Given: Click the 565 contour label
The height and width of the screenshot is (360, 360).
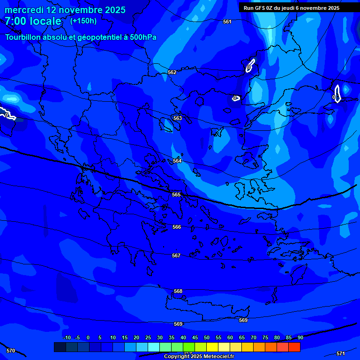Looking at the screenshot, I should (176, 195).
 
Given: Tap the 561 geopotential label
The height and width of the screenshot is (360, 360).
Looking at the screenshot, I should (227, 22).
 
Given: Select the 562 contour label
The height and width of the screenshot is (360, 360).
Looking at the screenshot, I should (172, 73).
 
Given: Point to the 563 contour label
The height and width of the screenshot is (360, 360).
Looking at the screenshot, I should (177, 119).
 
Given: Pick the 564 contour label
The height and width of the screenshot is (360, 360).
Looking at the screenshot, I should (177, 161).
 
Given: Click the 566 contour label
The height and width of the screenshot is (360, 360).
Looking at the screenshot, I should (177, 227).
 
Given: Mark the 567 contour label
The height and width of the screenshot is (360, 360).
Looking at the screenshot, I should (176, 256).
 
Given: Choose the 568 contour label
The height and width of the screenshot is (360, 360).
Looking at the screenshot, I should (178, 292).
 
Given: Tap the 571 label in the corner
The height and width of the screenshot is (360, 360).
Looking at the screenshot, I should (341, 353).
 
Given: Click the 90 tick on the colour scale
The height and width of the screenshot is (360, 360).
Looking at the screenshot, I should (300, 337).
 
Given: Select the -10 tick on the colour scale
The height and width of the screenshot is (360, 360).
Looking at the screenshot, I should (67, 337).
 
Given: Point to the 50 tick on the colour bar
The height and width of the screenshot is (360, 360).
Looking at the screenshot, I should (207, 337).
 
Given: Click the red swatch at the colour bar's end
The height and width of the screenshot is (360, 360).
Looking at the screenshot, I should (294, 347).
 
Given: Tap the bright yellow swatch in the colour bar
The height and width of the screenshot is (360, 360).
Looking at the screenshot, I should (212, 347).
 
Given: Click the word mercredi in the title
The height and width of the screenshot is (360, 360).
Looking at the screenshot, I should (23, 10).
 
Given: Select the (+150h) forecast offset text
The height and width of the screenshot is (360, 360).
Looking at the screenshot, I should (83, 21).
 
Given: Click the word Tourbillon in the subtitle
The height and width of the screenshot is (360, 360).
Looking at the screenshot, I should (23, 37).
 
